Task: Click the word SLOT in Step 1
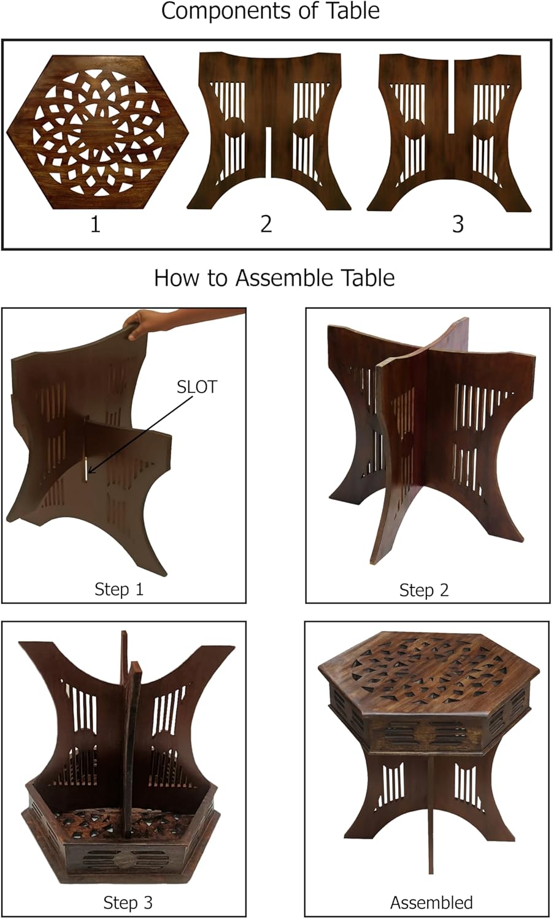click(x=196, y=387)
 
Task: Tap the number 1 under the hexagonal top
click(x=95, y=224)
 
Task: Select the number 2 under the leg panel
click(x=266, y=224)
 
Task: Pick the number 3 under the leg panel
click(x=458, y=224)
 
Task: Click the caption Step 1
click(x=119, y=589)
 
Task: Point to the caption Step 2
click(x=424, y=590)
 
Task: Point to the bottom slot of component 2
click(x=268, y=152)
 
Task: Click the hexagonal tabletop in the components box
click(x=98, y=132)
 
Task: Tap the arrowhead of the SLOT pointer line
click(x=89, y=472)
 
